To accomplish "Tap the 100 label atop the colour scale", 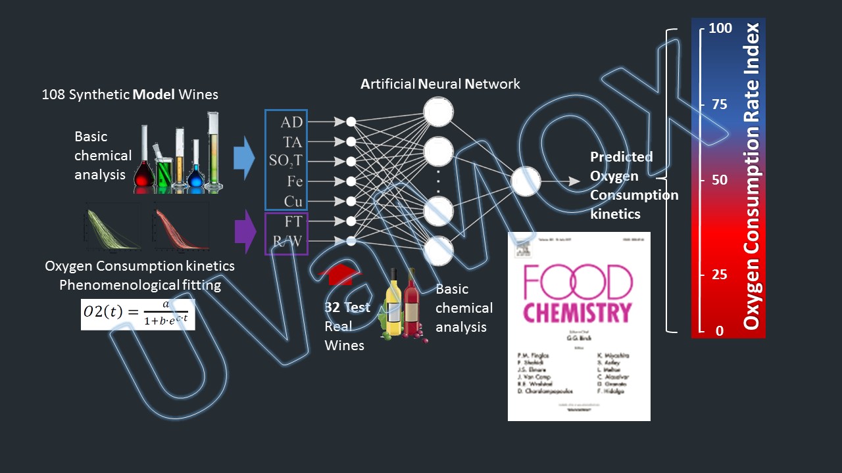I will coord(720,29).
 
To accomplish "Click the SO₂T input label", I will coord(285,161).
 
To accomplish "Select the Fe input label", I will coord(294,181).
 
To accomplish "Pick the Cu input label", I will coord(293,201).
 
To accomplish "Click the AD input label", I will coord(291,122).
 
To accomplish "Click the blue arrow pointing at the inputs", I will coord(244,159).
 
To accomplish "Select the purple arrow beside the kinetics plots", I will coord(244,231).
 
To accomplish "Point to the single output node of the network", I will coord(526,181).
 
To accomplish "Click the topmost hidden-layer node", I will coord(438,112).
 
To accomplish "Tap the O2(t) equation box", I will coord(138,313).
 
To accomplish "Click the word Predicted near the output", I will coord(621,157).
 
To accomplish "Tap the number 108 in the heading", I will coord(54,95).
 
